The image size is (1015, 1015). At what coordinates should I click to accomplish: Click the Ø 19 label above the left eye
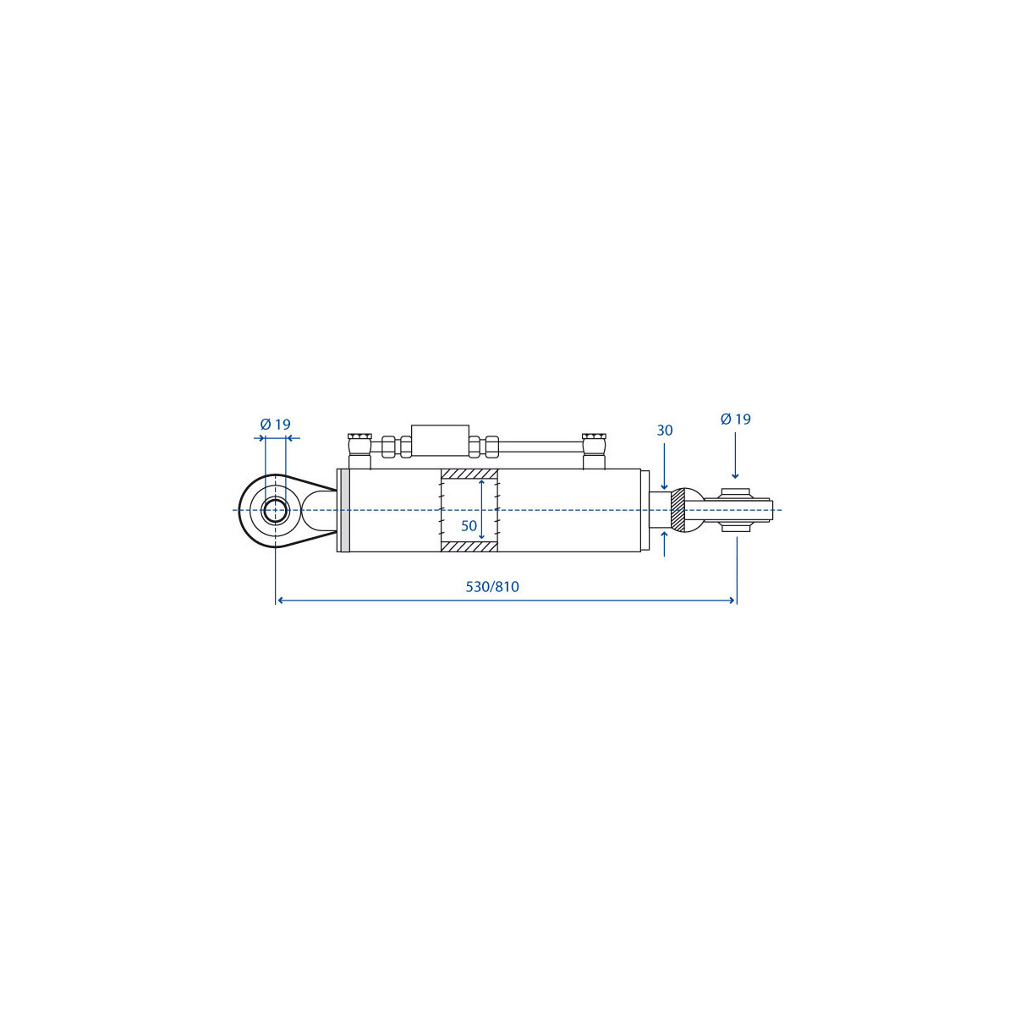pos(276,424)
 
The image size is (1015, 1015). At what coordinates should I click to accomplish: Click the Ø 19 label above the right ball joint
pos(735,419)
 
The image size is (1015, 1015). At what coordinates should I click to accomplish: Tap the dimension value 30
pos(665,431)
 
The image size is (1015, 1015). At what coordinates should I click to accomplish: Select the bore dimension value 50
pos(469,525)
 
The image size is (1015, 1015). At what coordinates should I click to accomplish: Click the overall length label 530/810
pos(492,587)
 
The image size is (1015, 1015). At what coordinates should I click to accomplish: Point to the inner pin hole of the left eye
pos(275,511)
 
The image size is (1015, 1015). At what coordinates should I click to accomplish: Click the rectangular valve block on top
pos(441,441)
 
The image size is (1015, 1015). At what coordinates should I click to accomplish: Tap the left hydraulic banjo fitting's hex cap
pos(359,436)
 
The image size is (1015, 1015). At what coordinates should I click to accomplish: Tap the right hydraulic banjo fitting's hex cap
pos(594,436)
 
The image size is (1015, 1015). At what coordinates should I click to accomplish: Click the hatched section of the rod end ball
pos(678,510)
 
